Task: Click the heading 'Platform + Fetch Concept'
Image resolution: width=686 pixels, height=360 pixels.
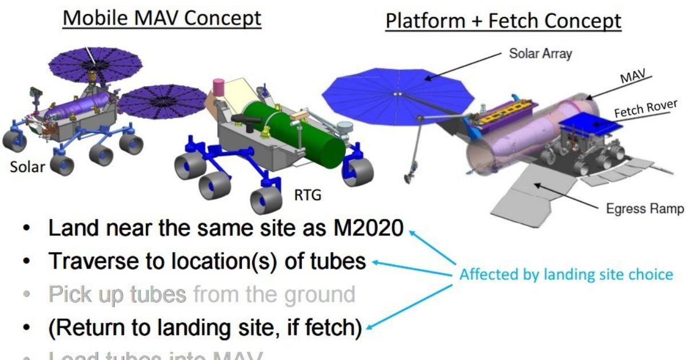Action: click(x=503, y=21)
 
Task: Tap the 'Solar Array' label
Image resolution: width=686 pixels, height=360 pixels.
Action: click(x=540, y=55)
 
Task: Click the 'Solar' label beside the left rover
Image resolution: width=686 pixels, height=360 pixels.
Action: click(x=26, y=168)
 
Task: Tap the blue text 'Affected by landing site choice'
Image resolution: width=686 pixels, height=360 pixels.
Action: click(x=566, y=274)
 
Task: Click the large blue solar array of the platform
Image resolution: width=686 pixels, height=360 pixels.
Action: click(x=394, y=91)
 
